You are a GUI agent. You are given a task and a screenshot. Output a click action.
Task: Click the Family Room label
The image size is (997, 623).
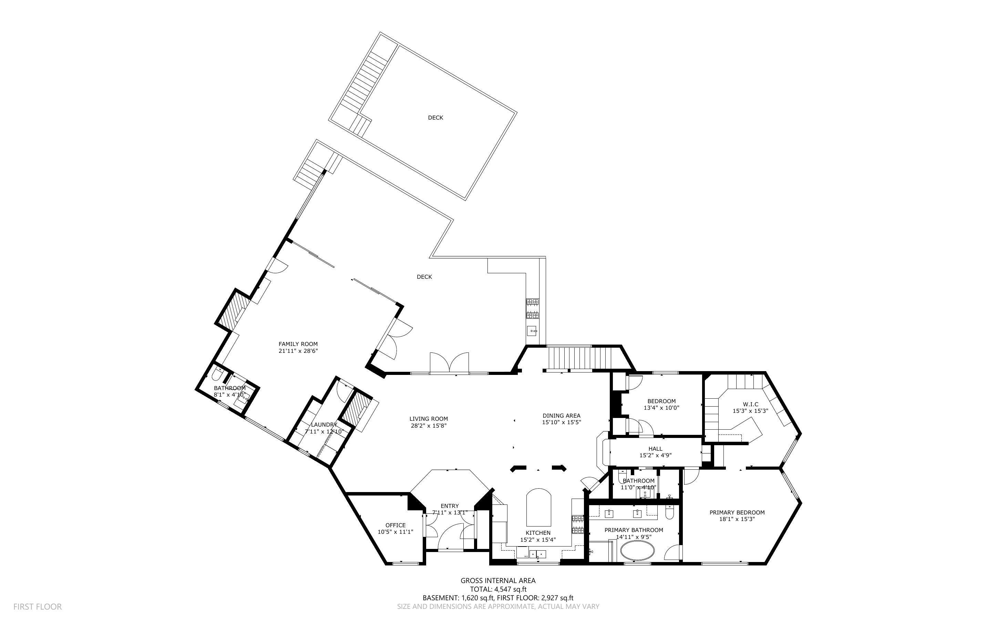click(298, 344)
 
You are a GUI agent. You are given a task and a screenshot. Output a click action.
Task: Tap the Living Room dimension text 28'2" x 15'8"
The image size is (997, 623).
click(428, 426)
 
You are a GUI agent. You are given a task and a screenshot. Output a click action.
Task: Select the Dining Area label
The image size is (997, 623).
click(561, 416)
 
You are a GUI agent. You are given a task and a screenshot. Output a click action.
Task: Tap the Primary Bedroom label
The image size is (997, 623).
click(737, 513)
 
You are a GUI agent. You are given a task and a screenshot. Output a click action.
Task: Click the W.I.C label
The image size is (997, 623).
click(750, 404)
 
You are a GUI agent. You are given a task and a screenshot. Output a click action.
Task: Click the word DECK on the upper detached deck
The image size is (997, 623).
click(435, 118)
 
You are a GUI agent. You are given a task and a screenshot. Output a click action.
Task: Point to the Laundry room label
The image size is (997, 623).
click(324, 425)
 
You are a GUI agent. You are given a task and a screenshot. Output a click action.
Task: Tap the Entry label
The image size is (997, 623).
click(449, 506)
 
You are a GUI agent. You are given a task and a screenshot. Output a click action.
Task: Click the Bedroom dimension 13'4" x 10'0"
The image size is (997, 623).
click(661, 408)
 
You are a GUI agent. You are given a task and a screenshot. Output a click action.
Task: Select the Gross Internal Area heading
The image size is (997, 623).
click(498, 581)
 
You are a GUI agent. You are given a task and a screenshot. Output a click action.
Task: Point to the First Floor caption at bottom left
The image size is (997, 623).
click(38, 606)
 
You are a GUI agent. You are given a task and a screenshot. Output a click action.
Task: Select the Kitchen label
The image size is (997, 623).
click(538, 533)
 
